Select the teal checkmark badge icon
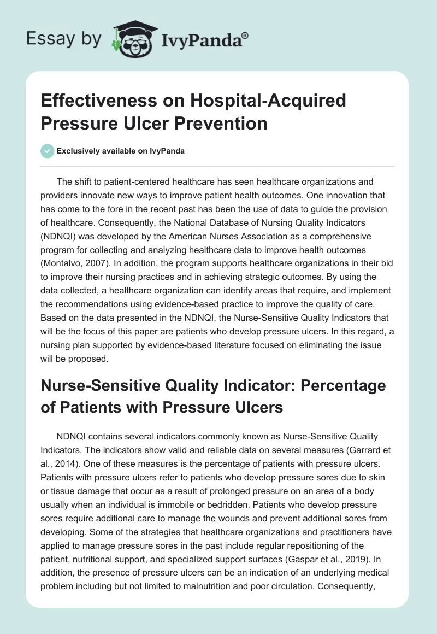pyautogui.click(x=48, y=151)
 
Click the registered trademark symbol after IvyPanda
pyautogui.click(x=245, y=34)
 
